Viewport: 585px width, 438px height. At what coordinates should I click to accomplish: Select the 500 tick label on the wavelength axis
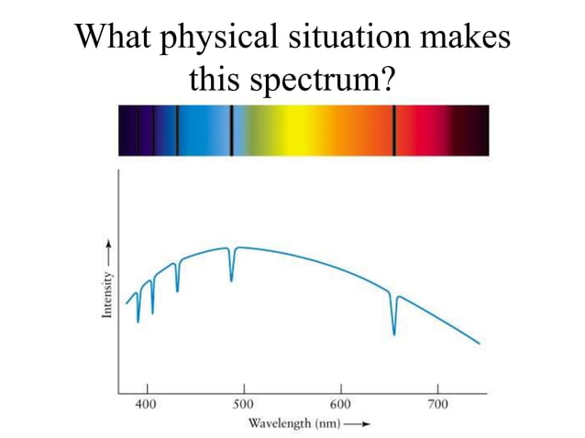pos(243,404)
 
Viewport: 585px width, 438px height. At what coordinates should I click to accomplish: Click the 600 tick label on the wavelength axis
pos(340,404)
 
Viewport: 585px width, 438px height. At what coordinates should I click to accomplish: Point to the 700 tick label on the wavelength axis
pos(437,404)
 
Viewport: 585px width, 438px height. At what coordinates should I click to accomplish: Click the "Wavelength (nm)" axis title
pos(290,423)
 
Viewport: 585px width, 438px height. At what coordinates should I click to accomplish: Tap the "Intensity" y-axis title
pos(108,293)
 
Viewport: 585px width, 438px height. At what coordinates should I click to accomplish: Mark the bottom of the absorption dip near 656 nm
pos(394,334)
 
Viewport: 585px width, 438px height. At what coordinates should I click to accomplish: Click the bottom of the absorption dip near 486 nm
pos(231,279)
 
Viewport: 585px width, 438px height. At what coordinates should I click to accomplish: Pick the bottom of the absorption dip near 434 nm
pos(178,290)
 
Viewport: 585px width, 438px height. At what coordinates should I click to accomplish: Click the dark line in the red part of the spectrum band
pos(394,130)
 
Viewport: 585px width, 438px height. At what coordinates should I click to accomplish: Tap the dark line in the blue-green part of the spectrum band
pos(231,130)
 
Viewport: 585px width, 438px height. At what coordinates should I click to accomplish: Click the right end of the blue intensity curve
pos(479,344)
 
